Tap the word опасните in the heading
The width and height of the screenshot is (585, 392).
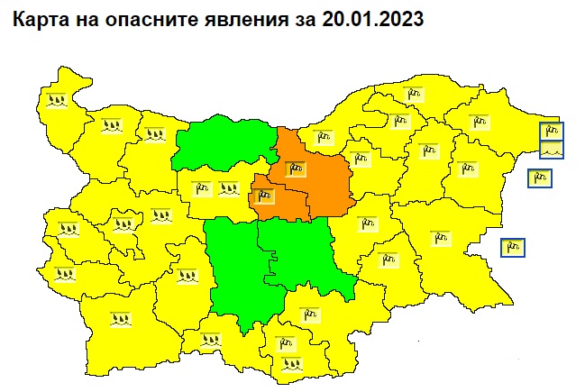(x=138, y=18)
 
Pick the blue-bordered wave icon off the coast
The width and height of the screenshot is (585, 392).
(x=551, y=150)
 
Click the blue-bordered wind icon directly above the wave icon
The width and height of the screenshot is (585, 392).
(x=551, y=132)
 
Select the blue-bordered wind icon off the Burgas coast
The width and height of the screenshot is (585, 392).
(x=513, y=246)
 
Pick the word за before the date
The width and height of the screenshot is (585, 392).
(x=294, y=18)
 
